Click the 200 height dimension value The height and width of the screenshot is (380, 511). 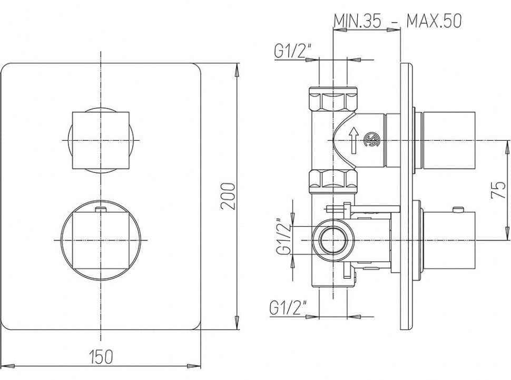(x=228, y=197)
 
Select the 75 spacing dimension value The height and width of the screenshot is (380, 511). (x=498, y=190)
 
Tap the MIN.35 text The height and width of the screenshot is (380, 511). (x=357, y=21)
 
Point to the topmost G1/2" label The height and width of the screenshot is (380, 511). (x=293, y=51)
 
